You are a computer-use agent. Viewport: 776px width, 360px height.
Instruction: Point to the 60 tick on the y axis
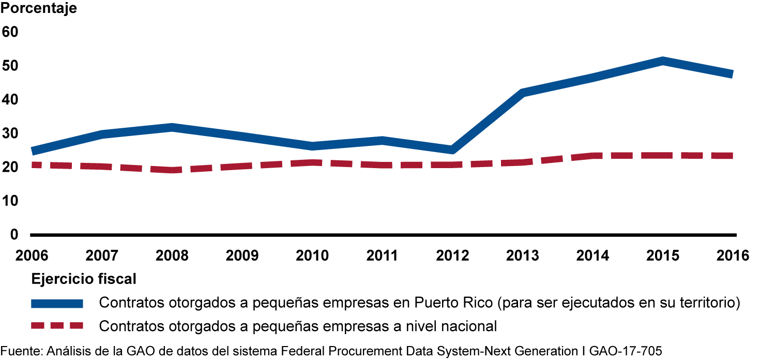tap(10, 32)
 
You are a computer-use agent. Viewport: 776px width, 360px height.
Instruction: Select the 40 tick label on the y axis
tap(10, 99)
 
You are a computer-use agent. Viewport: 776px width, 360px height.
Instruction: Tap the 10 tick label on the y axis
tap(10, 201)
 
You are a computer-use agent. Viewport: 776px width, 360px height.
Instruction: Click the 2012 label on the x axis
tap(452, 256)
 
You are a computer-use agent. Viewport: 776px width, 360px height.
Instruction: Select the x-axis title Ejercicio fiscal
tap(84, 279)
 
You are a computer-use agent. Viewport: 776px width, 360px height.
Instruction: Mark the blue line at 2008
tap(172, 128)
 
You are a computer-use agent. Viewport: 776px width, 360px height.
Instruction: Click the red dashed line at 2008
tap(172, 170)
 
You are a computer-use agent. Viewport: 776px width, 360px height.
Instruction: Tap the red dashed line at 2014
tap(592, 155)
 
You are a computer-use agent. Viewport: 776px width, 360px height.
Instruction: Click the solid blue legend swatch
tap(57, 303)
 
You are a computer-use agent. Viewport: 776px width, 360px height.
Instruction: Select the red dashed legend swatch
tap(57, 326)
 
